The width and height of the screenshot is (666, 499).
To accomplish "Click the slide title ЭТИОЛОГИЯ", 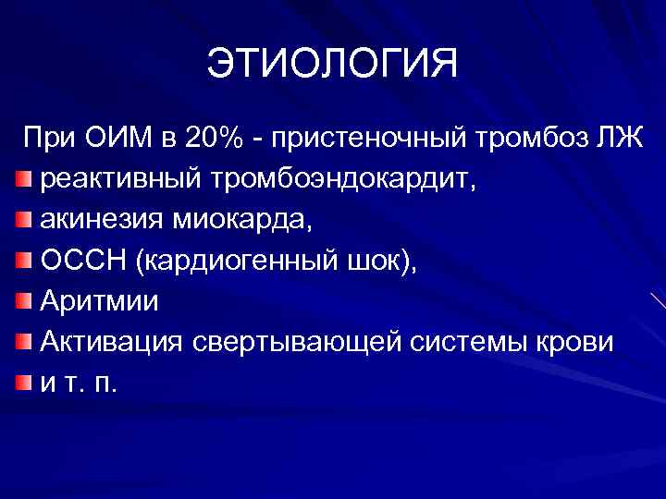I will coord(332,66).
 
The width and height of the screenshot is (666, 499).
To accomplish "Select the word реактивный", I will coord(112,180).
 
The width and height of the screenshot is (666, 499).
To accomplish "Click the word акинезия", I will coord(101,221).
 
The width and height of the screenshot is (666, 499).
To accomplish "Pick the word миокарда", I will coord(230,221).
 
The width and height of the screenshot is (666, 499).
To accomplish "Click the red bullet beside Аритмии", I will coord(25,301).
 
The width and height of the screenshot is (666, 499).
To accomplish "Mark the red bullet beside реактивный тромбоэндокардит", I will coord(25,179).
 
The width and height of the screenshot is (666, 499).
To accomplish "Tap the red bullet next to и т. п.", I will coord(25,383).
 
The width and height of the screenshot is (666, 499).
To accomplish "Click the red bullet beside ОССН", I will coord(25,261).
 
